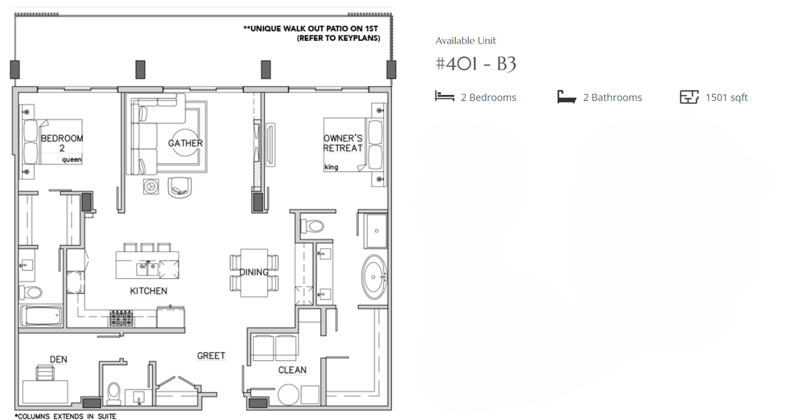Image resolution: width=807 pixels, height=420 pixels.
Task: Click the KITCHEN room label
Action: [x=148, y=291]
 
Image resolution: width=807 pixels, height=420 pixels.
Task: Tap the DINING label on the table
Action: [x=253, y=272]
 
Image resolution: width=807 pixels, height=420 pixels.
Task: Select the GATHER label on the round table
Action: [x=185, y=143]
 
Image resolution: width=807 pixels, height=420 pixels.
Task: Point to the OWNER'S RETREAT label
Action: [x=343, y=143]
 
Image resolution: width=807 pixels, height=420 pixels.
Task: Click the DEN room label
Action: [x=58, y=359]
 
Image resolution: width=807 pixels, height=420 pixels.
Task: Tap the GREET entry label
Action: [x=211, y=356]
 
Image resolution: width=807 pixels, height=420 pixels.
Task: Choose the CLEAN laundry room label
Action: [x=292, y=370]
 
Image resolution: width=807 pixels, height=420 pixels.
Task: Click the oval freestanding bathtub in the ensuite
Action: [x=373, y=276]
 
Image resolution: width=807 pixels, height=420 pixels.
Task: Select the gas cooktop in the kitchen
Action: [x=121, y=319]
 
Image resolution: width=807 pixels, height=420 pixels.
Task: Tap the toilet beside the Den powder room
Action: [x=114, y=392]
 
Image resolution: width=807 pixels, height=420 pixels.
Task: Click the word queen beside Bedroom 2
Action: [x=71, y=159]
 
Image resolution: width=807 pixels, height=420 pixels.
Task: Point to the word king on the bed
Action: [x=331, y=167]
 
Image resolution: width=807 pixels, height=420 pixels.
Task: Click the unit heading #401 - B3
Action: [x=476, y=64]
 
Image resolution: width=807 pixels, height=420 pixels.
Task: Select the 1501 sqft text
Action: [x=726, y=97]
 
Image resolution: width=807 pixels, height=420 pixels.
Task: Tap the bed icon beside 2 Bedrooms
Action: [x=444, y=96]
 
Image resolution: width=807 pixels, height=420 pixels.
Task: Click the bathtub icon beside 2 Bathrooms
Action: [x=567, y=97]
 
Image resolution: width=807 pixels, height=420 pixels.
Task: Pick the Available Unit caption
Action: [x=466, y=41]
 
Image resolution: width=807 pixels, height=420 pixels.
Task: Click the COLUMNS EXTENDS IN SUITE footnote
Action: [x=66, y=416]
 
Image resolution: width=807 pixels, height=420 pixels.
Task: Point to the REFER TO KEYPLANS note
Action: [x=338, y=38]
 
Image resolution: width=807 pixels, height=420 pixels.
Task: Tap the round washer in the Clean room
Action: [x=289, y=395]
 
